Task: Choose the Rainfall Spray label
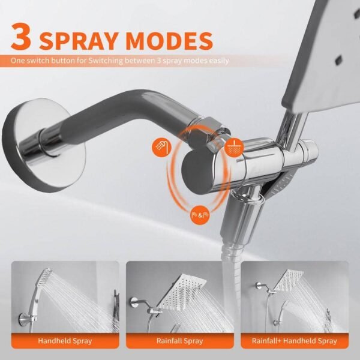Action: click(x=180, y=340)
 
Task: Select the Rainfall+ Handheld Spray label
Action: click(x=297, y=340)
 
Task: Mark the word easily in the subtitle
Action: click(x=216, y=61)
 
